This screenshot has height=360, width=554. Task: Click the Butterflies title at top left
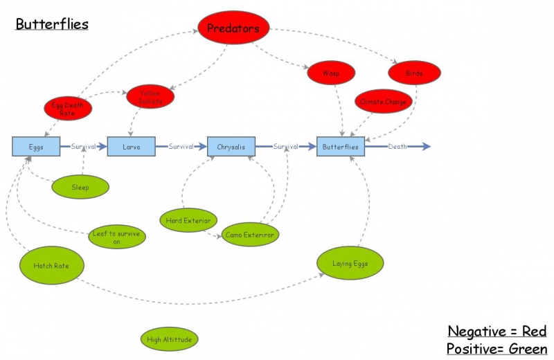coord(52,24)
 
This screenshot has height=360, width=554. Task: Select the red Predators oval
coord(233,28)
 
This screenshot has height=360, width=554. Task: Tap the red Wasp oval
coord(331,72)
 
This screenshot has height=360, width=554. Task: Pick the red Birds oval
coord(414,72)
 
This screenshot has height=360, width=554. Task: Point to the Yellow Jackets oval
coord(150,97)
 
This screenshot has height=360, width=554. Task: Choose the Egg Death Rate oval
coord(68,108)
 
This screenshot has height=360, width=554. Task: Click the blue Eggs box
coord(36,147)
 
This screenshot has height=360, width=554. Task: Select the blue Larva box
coord(130,147)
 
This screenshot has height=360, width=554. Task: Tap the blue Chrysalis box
coord(231,147)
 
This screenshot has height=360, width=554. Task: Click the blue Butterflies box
coord(341,147)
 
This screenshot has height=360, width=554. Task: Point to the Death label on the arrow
coord(397,147)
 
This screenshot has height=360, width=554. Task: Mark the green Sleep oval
coord(80,187)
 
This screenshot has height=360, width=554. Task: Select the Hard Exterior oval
coord(188,221)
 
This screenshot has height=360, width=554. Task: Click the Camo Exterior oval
coord(250,235)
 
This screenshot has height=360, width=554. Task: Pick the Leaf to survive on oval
coord(116,237)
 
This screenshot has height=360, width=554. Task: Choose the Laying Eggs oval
coord(350,263)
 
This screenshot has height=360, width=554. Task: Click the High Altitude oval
coord(169,339)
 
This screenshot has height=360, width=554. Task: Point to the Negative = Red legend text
coord(497,331)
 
